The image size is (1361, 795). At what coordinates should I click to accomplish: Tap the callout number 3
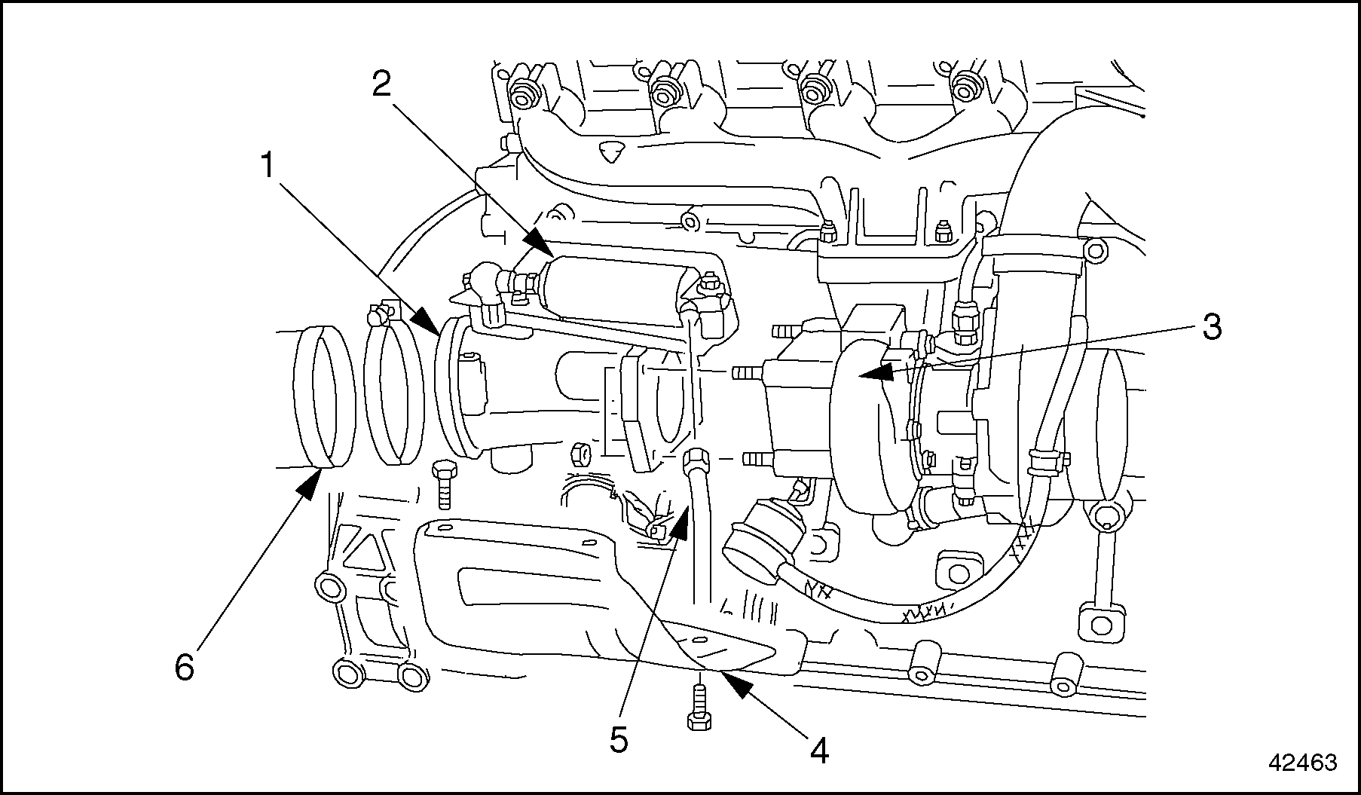1210,327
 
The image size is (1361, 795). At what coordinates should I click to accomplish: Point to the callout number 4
819,750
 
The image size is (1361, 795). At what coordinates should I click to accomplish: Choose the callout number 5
618,740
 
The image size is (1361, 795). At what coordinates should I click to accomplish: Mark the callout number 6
185,667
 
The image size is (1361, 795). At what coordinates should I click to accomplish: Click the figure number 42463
1302,763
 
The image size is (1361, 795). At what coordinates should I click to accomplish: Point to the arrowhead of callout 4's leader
724,673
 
